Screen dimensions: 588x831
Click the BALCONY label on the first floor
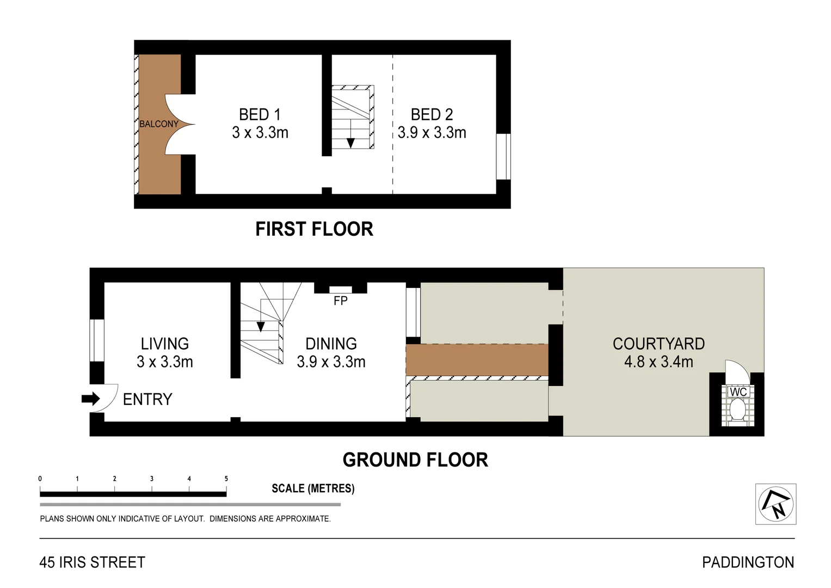pyautogui.click(x=158, y=124)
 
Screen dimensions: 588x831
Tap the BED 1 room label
pyautogui.click(x=260, y=115)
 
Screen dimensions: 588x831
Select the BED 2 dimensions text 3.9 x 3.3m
pyautogui.click(x=432, y=133)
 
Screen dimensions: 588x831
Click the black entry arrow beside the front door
pyautogui.click(x=90, y=399)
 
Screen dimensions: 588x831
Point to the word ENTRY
pyautogui.click(x=147, y=400)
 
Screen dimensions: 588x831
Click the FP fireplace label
pyautogui.click(x=340, y=301)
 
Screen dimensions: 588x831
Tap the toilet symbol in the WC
pyautogui.click(x=738, y=410)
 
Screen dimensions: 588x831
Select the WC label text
pyautogui.click(x=738, y=392)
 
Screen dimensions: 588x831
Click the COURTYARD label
pyautogui.click(x=658, y=344)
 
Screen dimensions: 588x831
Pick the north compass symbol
pyautogui.click(x=775, y=504)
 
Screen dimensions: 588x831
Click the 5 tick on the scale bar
pyautogui.click(x=226, y=479)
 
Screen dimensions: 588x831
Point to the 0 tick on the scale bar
pyautogui.click(x=40, y=479)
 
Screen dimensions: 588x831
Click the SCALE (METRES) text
pyautogui.click(x=313, y=488)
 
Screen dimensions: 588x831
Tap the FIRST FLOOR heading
pyautogui.click(x=314, y=229)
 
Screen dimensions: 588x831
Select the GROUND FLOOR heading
pyautogui.click(x=415, y=460)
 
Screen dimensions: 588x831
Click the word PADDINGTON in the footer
pyautogui.click(x=748, y=562)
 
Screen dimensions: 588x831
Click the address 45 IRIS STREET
pyautogui.click(x=93, y=562)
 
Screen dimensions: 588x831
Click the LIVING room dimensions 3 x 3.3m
pyautogui.click(x=165, y=362)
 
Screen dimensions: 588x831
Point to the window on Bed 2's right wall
pyautogui.click(x=503, y=156)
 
